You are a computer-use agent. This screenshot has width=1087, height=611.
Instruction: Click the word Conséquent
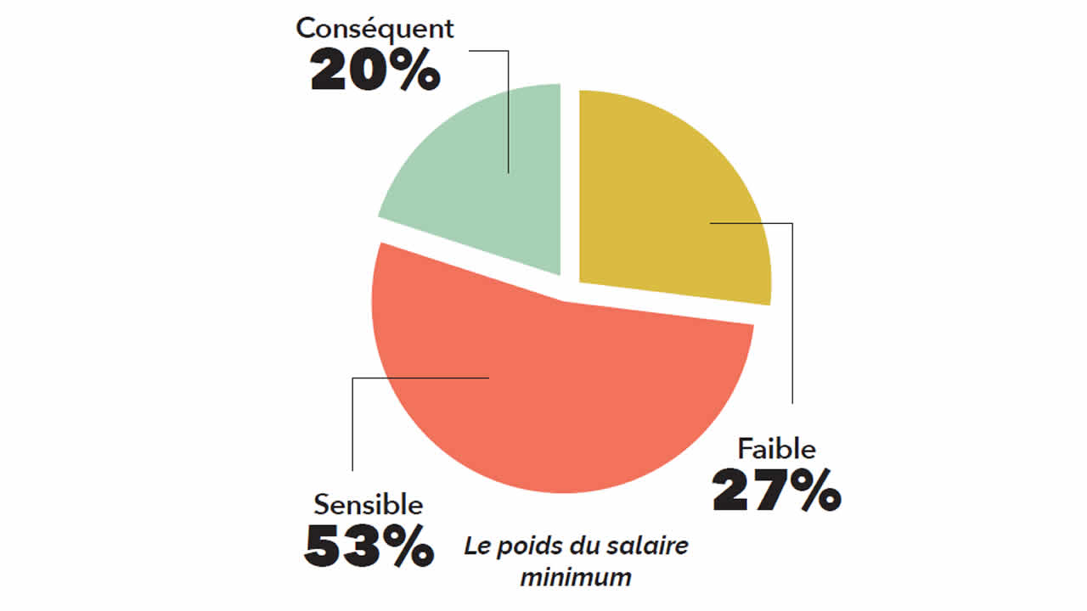tap(375, 28)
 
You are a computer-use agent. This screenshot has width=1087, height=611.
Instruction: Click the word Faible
tap(776, 448)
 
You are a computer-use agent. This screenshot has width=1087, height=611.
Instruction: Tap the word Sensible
tap(368, 505)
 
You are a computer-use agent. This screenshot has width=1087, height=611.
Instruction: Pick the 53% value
tap(368, 547)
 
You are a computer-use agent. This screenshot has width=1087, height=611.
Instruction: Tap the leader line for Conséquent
tap(508, 110)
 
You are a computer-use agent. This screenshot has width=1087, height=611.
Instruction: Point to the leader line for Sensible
tap(352, 424)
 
